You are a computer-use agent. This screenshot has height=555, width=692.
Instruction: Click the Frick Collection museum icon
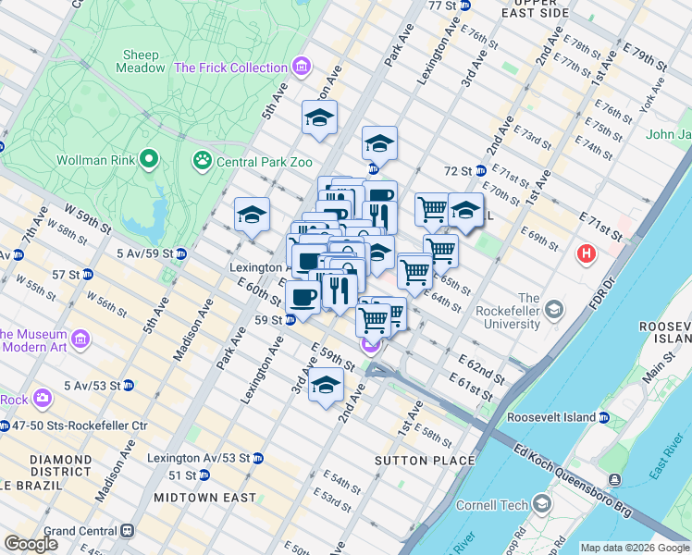click(301, 68)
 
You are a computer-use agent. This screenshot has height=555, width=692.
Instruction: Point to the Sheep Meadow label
click(138, 55)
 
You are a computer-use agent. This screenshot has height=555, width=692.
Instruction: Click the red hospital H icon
click(586, 253)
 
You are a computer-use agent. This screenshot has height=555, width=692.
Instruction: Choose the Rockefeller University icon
click(553, 308)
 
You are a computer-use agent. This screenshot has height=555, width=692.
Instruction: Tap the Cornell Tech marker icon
click(542, 505)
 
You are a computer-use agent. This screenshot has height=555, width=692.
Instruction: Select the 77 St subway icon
click(465, 6)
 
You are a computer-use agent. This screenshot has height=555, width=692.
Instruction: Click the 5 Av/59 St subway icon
click(180, 253)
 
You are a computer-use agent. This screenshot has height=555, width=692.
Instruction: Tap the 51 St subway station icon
click(204, 475)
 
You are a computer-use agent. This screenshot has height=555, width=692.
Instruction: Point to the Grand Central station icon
click(128, 531)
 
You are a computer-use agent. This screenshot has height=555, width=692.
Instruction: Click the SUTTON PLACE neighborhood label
click(411, 460)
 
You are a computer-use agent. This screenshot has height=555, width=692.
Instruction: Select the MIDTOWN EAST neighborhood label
click(204, 498)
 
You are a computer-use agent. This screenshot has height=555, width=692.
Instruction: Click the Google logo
click(31, 544)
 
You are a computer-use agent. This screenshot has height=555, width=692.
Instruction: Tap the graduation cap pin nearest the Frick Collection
click(319, 118)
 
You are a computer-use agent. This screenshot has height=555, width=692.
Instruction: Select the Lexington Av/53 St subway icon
click(258, 458)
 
